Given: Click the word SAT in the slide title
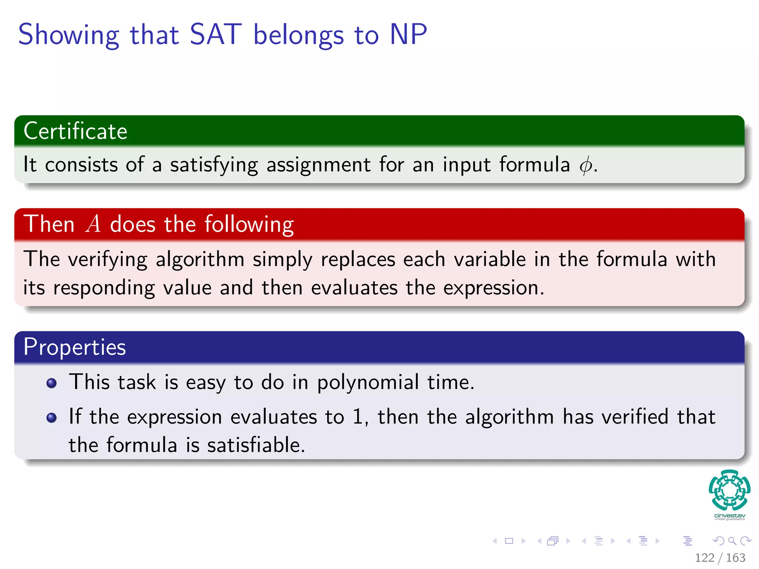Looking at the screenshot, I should pyautogui.click(x=215, y=34).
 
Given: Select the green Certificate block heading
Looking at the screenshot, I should pyautogui.click(x=76, y=131).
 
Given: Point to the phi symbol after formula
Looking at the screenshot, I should pyautogui.click(x=585, y=165).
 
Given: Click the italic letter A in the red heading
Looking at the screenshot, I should pyautogui.click(x=93, y=224).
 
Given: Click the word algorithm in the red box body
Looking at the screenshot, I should pyautogui.click(x=200, y=259).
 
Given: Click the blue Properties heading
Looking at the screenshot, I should pyautogui.click(x=75, y=347).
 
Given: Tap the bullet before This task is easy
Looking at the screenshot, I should pyautogui.click(x=52, y=383).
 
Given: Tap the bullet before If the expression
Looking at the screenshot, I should pyautogui.click(x=52, y=418).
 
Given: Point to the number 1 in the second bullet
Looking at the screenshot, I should pyautogui.click(x=357, y=417).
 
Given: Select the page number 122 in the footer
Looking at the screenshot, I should pyautogui.click(x=705, y=558).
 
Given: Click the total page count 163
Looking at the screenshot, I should pyautogui.click(x=735, y=558).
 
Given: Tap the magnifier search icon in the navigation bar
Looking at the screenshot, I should pyautogui.click(x=732, y=541).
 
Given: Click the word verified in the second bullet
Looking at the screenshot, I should pyautogui.click(x=635, y=417).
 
